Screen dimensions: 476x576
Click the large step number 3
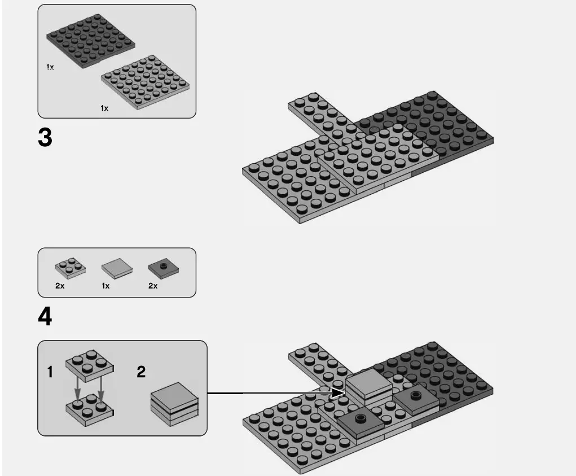click(45, 138)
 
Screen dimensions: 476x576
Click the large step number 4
click(45, 317)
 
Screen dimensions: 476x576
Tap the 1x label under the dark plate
click(50, 67)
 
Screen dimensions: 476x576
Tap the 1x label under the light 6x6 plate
click(104, 108)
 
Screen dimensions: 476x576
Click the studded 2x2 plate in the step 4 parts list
click(70, 268)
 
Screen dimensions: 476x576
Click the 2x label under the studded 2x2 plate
click(60, 286)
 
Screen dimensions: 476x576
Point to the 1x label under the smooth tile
click(105, 286)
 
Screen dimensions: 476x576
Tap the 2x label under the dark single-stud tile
click(152, 286)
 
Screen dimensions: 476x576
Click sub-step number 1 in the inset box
click(50, 372)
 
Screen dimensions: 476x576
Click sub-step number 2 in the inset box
click(141, 372)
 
